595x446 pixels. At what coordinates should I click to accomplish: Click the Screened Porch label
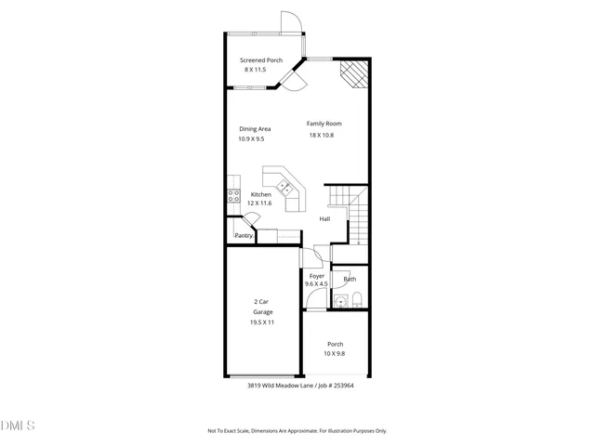pyautogui.click(x=261, y=59)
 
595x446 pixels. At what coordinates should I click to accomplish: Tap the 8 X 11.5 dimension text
pyautogui.click(x=255, y=70)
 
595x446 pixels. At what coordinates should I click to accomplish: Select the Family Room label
pyautogui.click(x=324, y=124)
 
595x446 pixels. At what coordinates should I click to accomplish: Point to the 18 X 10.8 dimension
pyautogui.click(x=321, y=136)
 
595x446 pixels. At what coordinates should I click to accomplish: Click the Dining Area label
pyautogui.click(x=255, y=129)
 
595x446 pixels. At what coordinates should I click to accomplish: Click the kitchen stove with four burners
pyautogui.click(x=234, y=195)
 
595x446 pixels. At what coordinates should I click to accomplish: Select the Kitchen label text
pyautogui.click(x=260, y=194)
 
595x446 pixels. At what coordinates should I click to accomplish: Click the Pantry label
pyautogui.click(x=244, y=236)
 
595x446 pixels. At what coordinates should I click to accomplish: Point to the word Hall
pyautogui.click(x=324, y=219)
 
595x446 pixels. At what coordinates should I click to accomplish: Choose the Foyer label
pyautogui.click(x=317, y=276)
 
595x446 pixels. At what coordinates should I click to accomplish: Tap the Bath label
pyautogui.click(x=350, y=279)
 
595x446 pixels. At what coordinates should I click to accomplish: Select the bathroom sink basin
pyautogui.click(x=340, y=299)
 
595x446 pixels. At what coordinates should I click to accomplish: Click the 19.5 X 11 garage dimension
pyautogui.click(x=262, y=322)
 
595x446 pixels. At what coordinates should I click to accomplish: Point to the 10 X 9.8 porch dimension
pyautogui.click(x=334, y=353)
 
